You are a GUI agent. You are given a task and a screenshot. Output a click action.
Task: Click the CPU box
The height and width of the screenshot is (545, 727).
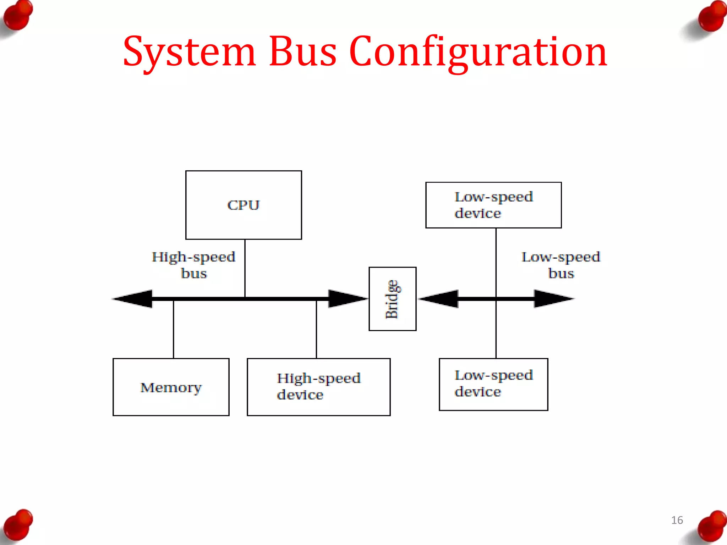[244, 205]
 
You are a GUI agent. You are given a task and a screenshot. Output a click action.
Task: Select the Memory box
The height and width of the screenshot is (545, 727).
[171, 387]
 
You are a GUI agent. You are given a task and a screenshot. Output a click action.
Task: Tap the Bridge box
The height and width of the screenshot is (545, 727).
[392, 299]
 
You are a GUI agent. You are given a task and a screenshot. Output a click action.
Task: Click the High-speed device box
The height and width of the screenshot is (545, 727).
[318, 387]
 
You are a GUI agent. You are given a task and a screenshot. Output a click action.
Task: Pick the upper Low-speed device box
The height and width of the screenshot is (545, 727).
[493, 205]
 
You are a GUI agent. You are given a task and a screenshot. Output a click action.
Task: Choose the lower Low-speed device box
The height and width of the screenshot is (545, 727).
[493, 384]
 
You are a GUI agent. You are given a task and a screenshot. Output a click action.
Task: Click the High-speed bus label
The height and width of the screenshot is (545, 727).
[193, 265]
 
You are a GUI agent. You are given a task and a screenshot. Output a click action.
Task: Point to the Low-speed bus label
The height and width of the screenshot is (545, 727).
[561, 265]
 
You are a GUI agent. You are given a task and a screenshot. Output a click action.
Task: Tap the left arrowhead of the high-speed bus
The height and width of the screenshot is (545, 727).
[133, 299]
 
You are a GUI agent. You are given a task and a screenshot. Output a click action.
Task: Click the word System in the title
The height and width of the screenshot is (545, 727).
[189, 53]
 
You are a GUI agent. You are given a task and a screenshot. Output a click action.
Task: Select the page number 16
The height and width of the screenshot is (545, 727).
[677, 520]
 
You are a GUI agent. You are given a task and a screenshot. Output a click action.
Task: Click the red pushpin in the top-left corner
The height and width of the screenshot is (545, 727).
[18, 16]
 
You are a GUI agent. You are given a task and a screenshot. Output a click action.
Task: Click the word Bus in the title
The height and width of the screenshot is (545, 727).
[302, 53]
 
